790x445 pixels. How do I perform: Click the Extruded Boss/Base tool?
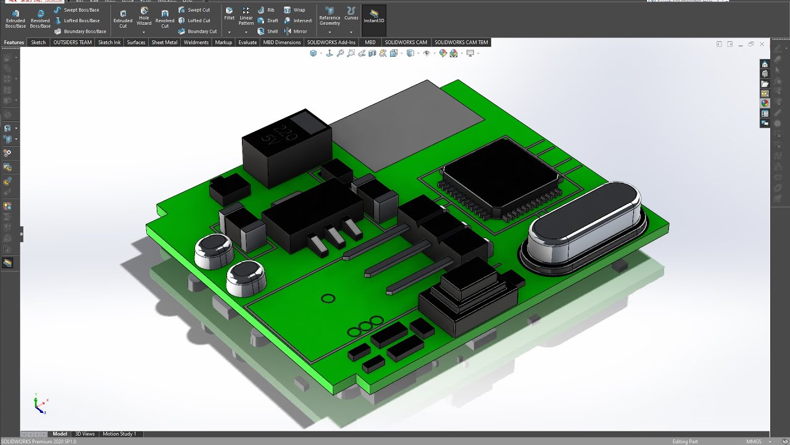pyautogui.click(x=15, y=19)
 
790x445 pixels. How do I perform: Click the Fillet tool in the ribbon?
pyautogui.click(x=229, y=14)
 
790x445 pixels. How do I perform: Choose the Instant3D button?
pyautogui.click(x=373, y=16)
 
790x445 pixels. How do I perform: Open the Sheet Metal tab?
pyautogui.click(x=164, y=43)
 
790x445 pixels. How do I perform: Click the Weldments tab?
pyautogui.click(x=196, y=43)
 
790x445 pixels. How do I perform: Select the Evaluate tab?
pyautogui.click(x=247, y=43)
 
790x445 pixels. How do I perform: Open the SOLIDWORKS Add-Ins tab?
pyautogui.click(x=331, y=43)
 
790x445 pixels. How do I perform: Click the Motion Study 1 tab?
pyautogui.click(x=119, y=434)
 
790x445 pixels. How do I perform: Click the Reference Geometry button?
pyautogui.click(x=330, y=16)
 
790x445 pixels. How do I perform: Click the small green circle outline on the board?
pyautogui.click(x=328, y=299)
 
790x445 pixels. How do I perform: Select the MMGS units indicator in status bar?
pyautogui.click(x=754, y=441)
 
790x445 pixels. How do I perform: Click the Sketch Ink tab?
pyautogui.click(x=109, y=43)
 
